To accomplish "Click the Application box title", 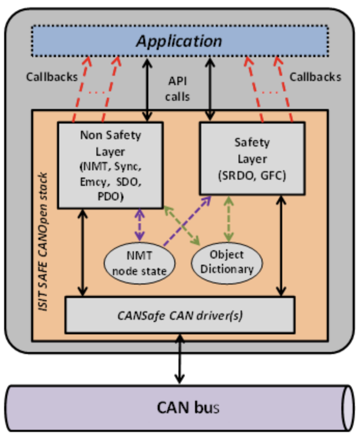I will pos(179,41).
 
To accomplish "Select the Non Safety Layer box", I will pos(110,165).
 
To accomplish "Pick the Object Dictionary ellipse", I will pos(227,262).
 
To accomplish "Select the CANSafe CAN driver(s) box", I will pos(179,315).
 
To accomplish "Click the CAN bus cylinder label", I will pos(188,407).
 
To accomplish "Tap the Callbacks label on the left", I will pos(51,77).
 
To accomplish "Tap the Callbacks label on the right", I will pos(315,77).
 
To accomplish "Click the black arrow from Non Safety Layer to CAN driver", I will pos(81,252).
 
